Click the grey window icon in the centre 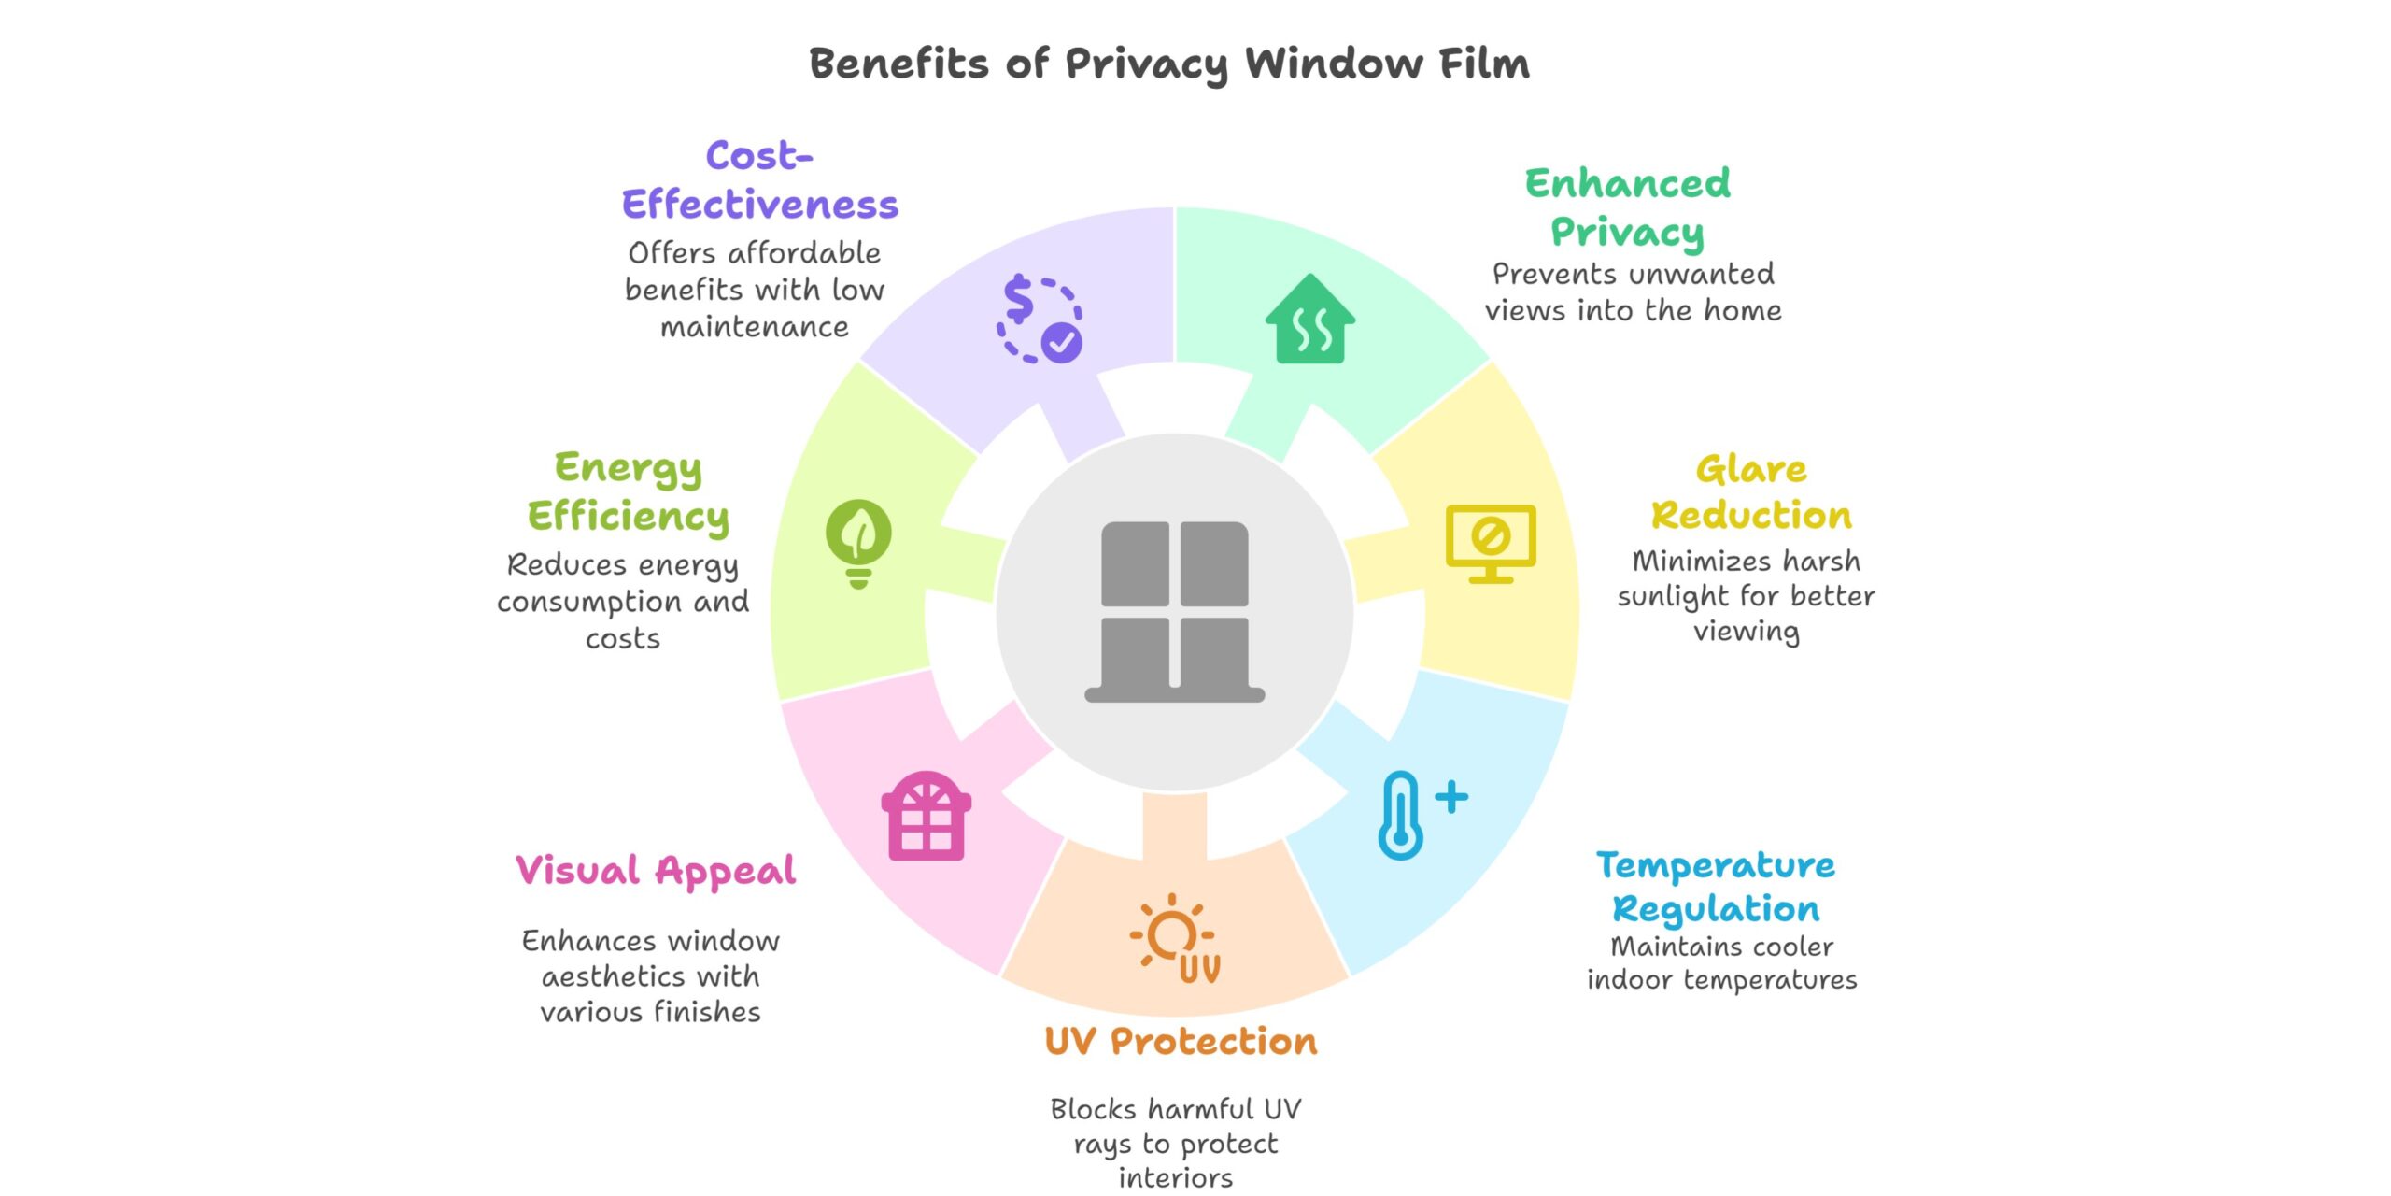point(1174,611)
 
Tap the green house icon point(1310,320)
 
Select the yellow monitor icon point(1491,543)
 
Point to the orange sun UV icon point(1176,938)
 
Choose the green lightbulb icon point(858,543)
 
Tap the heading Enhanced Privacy point(1627,207)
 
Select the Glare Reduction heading point(1750,491)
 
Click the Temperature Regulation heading point(1716,887)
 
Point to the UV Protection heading point(1181,1041)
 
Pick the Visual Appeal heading point(656,871)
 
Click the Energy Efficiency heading point(628,491)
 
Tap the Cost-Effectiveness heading point(759,179)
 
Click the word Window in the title point(1334,64)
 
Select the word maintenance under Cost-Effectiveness point(755,327)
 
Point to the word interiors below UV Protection point(1176,1177)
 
